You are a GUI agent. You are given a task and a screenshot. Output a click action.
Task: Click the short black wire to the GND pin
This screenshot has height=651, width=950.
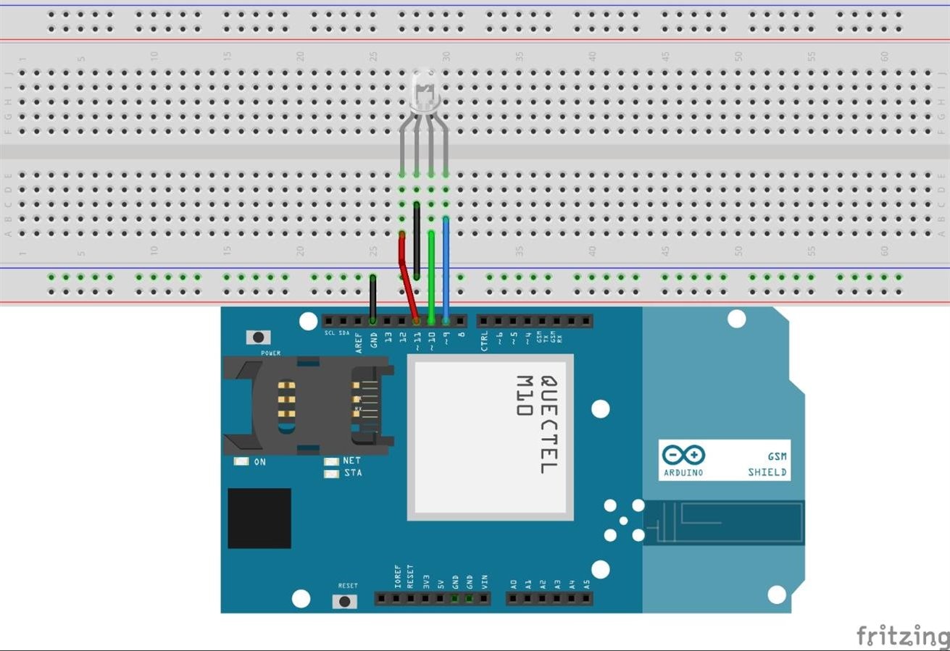(x=372, y=298)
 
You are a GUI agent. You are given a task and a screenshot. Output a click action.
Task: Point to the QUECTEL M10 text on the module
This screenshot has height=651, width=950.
(x=536, y=424)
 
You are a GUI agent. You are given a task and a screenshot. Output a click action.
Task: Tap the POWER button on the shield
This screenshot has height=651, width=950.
(x=257, y=337)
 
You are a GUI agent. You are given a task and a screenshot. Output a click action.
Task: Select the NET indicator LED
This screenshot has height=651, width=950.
(x=331, y=461)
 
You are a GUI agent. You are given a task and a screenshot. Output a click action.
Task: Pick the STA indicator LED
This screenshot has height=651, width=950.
(x=331, y=474)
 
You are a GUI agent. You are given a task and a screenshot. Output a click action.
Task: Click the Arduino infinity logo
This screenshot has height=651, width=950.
(x=683, y=455)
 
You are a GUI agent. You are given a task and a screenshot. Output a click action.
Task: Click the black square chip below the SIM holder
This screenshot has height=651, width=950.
(x=259, y=518)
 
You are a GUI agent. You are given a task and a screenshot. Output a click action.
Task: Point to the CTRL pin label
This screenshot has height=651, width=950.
(x=484, y=340)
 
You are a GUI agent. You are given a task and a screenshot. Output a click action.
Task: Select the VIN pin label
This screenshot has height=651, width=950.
(x=485, y=580)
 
